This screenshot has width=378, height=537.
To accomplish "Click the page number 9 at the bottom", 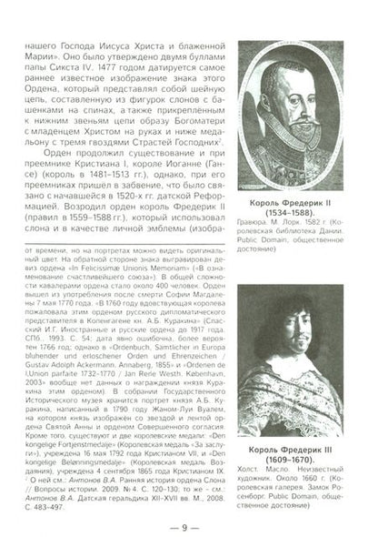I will click(x=188, y=521).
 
